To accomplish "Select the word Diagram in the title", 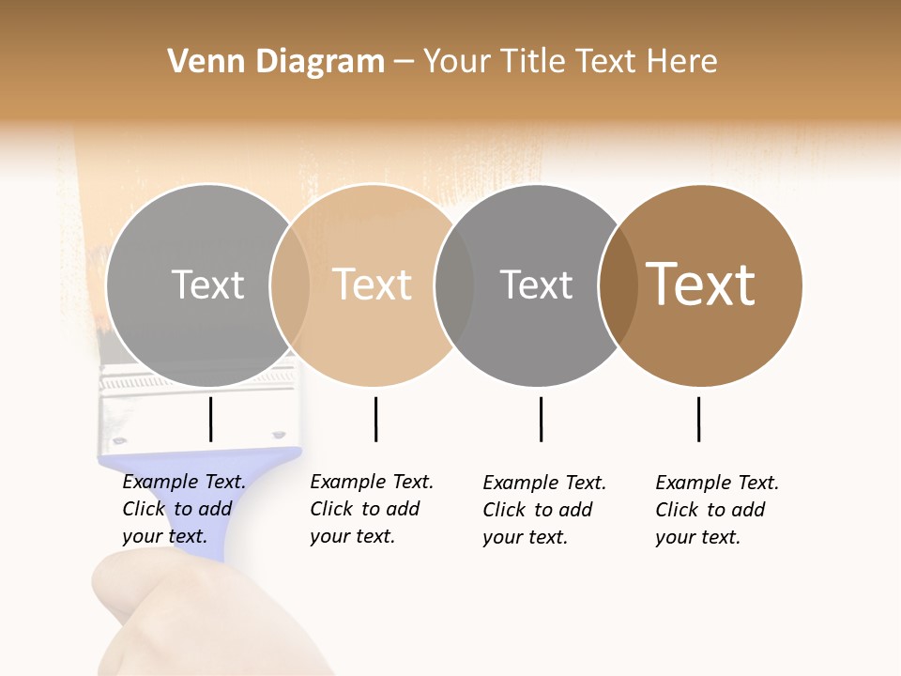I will coord(320,61).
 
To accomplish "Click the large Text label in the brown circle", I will coord(701,284).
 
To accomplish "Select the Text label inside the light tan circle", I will coord(373,284).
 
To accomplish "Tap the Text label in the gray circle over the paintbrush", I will coord(207,284).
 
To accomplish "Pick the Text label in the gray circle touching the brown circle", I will coord(536,284).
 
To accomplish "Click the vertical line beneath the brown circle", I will coord(698,419).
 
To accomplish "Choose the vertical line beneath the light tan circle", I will coord(375,419).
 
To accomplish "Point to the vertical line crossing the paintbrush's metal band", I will coord(210,419).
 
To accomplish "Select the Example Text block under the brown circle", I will coord(717,510).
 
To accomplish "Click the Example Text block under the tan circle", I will coord(372,509).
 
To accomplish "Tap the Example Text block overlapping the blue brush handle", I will coord(184,509).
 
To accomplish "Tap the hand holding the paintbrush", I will coord(169,610).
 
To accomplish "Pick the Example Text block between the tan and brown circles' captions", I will coord(544,510).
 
